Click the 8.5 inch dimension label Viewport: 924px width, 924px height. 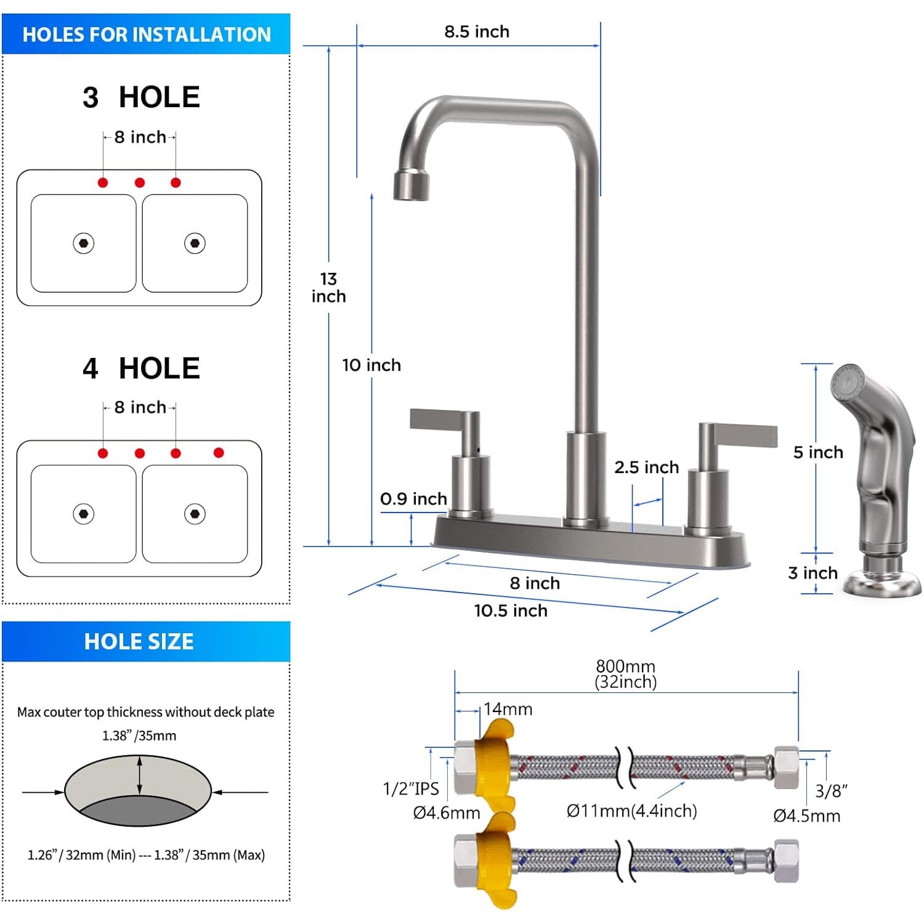(477, 31)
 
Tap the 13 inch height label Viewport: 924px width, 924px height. (328, 288)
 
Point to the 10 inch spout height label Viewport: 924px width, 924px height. (371, 365)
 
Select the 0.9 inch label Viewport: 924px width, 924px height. (413, 499)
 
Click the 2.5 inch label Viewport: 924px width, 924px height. (646, 468)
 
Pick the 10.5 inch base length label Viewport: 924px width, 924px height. (511, 611)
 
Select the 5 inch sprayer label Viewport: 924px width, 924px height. (818, 453)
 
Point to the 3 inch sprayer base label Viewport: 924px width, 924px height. (813, 573)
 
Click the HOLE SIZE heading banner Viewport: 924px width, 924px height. (139, 642)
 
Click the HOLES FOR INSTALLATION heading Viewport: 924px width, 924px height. (147, 34)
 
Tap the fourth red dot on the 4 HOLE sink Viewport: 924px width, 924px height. (219, 453)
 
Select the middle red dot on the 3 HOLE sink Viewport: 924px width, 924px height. (140, 183)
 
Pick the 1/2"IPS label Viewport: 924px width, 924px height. (411, 789)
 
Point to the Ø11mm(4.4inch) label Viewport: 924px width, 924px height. (631, 811)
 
